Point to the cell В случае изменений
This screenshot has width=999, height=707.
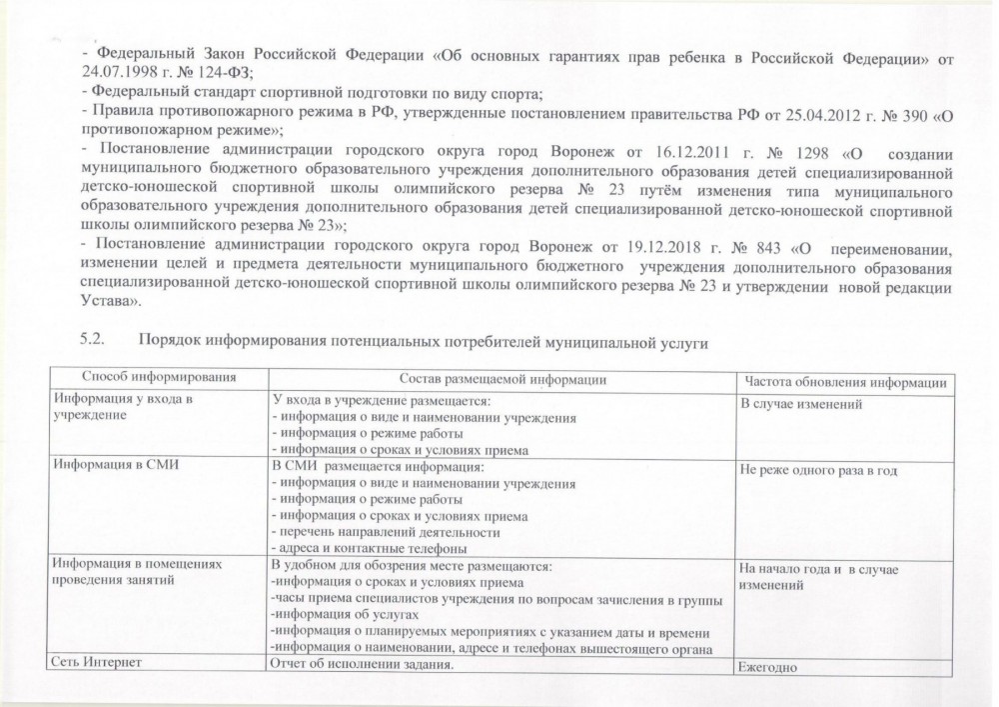click(800, 404)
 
